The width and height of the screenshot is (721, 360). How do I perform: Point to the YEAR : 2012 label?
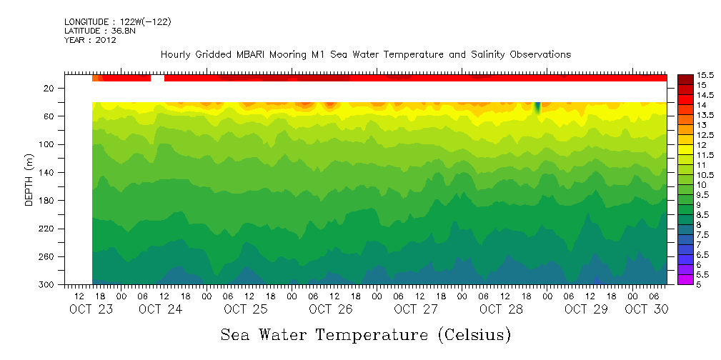click(x=90, y=41)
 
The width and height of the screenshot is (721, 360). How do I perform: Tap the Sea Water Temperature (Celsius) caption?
click(x=365, y=334)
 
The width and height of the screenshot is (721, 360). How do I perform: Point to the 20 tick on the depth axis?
click(x=49, y=89)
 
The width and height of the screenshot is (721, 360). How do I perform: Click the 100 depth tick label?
click(x=47, y=144)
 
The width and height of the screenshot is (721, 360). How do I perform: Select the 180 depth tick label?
click(x=47, y=201)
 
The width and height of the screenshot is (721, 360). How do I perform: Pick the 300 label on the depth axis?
click(x=47, y=285)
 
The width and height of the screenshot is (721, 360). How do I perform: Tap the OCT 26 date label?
click(x=330, y=309)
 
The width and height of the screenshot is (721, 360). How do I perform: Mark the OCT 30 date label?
click(x=646, y=309)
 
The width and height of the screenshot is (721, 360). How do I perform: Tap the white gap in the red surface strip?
click(x=157, y=78)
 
